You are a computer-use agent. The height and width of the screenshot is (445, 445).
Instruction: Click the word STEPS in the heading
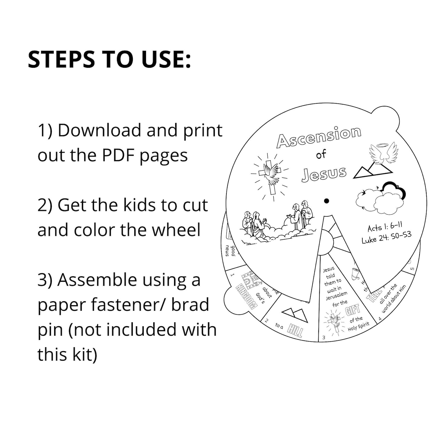point(61,59)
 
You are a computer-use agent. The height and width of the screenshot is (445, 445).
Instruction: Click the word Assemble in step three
point(97,280)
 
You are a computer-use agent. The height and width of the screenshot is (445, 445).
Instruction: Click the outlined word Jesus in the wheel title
point(324,174)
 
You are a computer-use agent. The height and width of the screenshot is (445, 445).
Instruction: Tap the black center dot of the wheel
point(326,201)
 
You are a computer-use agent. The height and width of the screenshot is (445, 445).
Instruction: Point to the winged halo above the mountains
point(383,154)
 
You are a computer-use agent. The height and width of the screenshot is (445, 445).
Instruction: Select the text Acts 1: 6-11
point(385,227)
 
